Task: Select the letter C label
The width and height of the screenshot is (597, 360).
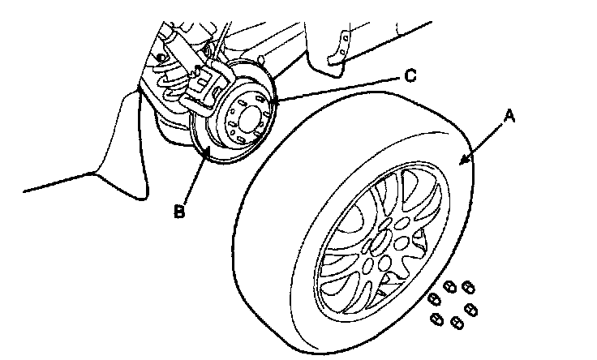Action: coord(410,76)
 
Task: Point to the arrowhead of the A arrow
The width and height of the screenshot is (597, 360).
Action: coord(463,162)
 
